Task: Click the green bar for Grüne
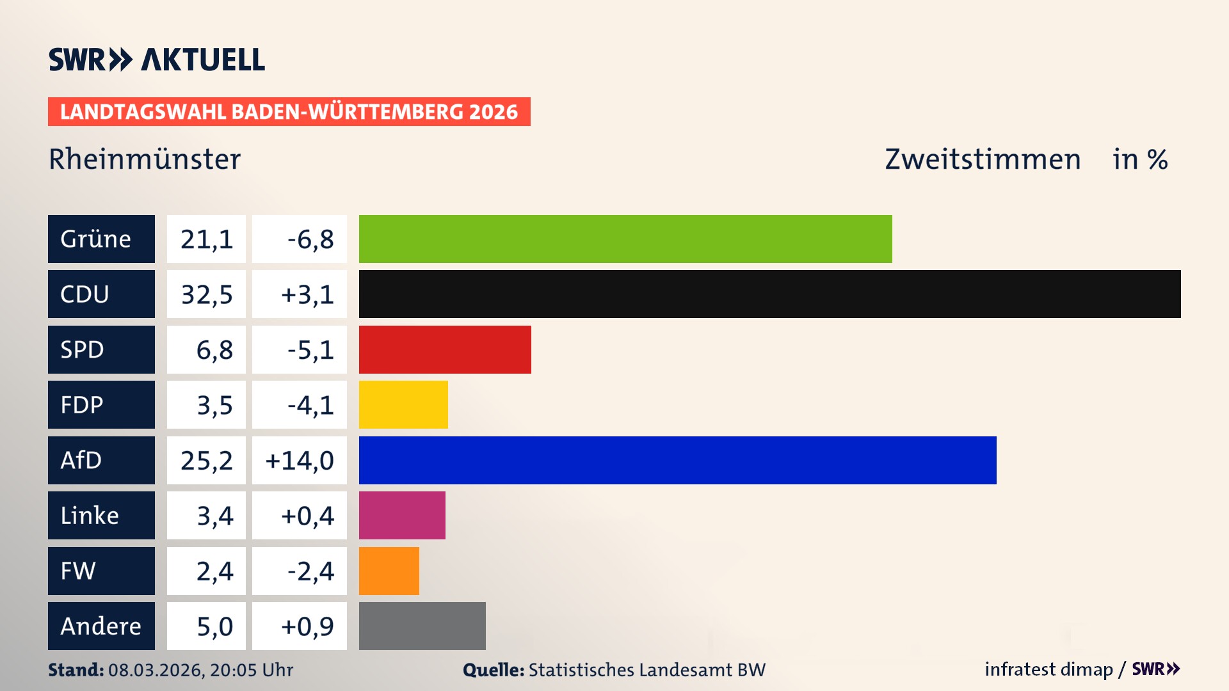click(x=625, y=239)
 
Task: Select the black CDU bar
click(x=769, y=294)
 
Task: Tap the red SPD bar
click(x=445, y=349)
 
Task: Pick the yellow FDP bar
click(x=403, y=405)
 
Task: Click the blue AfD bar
click(x=677, y=460)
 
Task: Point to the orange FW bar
click(x=389, y=571)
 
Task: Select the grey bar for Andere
click(x=422, y=626)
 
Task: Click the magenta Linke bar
click(x=402, y=516)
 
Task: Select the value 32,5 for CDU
click(x=206, y=294)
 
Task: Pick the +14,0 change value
click(x=300, y=460)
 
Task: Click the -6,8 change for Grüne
click(x=310, y=239)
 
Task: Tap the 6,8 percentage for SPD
click(x=214, y=349)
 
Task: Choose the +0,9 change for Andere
click(x=307, y=626)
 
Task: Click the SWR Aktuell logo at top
click(x=157, y=60)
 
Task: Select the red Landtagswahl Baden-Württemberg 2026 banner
click(x=289, y=112)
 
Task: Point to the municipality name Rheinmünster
click(x=145, y=159)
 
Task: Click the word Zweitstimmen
click(x=983, y=159)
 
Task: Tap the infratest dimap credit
click(x=1048, y=669)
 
